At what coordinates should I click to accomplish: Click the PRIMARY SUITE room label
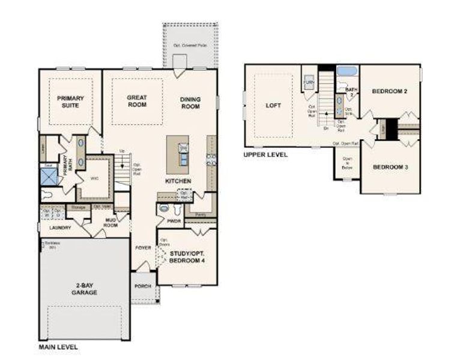point(70,101)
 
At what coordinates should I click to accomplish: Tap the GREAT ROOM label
point(137,101)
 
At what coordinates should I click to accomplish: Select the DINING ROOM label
point(190,103)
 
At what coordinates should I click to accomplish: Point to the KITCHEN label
point(179,181)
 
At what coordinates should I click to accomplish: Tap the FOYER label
point(143,247)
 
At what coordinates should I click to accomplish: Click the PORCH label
point(143,286)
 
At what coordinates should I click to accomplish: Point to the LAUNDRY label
point(60,227)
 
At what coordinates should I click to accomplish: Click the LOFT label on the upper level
point(273,105)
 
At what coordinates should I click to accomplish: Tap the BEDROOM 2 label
point(390,91)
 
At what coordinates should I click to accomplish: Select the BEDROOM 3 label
point(390,167)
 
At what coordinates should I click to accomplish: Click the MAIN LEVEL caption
point(58,347)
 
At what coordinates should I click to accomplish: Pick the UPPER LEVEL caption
point(265,154)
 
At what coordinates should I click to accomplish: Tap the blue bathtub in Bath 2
point(347,71)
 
